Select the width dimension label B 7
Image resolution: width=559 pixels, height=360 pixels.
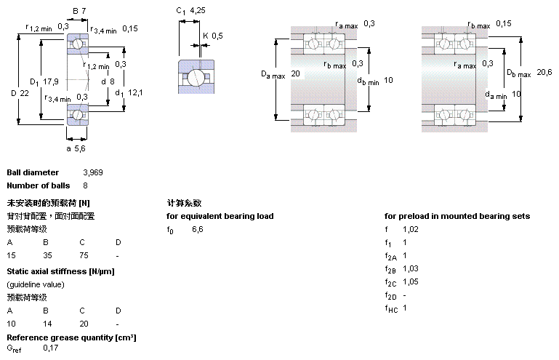click(79, 11)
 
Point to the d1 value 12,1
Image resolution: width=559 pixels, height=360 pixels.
click(137, 92)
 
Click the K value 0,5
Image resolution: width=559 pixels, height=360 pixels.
click(217, 35)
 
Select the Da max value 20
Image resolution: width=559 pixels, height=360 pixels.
click(295, 73)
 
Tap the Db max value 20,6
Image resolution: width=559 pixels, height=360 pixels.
click(544, 71)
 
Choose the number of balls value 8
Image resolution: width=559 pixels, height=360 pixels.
click(85, 186)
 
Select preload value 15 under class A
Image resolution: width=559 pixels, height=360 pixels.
click(11, 256)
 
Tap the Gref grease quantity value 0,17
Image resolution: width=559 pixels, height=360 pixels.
click(51, 348)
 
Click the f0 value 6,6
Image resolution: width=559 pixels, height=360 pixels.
click(197, 229)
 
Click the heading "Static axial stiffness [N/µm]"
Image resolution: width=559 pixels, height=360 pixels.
click(60, 271)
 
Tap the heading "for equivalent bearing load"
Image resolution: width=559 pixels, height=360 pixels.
click(220, 216)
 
